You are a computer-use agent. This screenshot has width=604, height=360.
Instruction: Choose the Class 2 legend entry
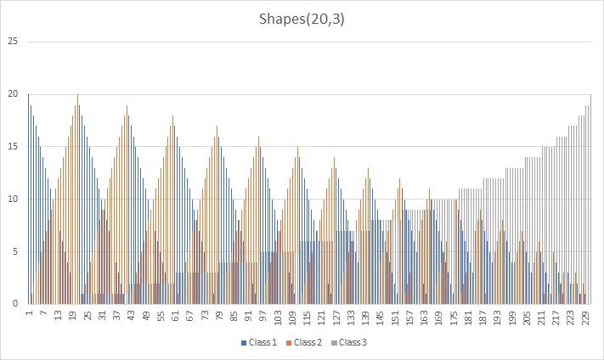tap(309, 342)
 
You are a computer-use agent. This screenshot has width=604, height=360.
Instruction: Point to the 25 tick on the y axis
tap(12, 41)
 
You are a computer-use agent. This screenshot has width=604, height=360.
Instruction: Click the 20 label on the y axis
tap(12, 94)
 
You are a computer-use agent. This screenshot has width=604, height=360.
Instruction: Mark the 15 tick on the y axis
tap(12, 147)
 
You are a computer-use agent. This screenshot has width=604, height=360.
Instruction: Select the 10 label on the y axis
tap(12, 200)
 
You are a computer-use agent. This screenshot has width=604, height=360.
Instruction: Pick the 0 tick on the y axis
tap(14, 303)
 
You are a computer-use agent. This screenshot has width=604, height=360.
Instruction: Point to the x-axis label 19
tap(73, 315)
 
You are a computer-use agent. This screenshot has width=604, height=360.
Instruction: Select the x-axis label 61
tap(175, 315)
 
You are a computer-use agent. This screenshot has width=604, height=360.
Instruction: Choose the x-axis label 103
tap(277, 317)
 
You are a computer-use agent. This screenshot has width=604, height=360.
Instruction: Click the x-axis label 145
tap(379, 317)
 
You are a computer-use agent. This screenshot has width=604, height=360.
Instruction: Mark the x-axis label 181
tap(466, 317)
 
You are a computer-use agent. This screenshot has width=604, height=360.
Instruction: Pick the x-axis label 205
tap(525, 317)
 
